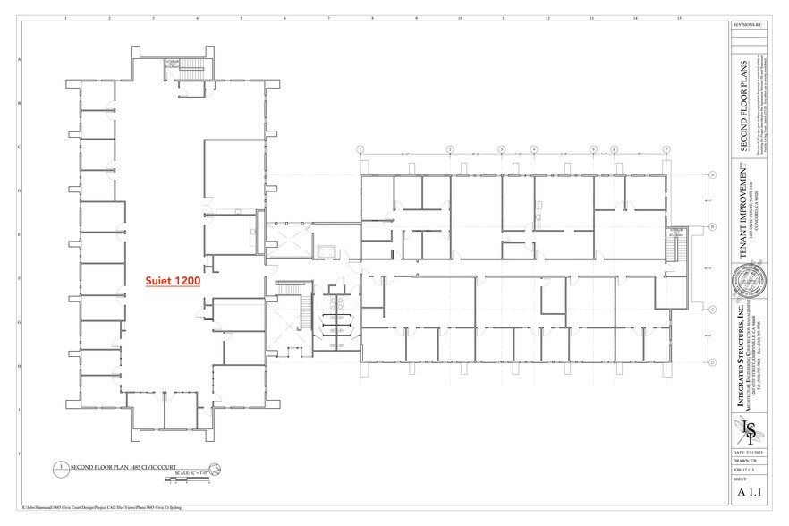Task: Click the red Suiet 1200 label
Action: (x=174, y=280)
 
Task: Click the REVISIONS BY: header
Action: (x=748, y=26)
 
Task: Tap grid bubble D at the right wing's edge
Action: (x=713, y=361)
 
